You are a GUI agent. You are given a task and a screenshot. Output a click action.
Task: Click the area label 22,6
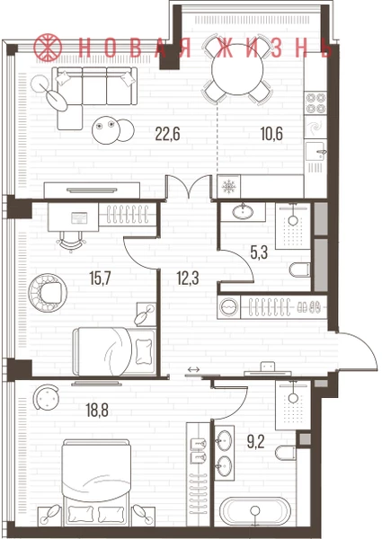coord(167,134)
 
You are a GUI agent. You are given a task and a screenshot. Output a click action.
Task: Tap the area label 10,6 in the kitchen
coord(271,134)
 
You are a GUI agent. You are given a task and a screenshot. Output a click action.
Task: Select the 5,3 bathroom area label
coord(259,253)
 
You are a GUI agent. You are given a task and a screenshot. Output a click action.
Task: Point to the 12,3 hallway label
coord(188,278)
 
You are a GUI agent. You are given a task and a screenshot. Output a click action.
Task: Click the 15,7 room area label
coord(100,278)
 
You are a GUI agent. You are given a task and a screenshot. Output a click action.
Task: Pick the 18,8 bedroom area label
coord(97,410)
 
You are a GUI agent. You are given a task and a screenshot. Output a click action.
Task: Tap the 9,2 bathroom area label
coord(256,442)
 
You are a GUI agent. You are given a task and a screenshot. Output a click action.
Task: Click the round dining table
coord(237,70)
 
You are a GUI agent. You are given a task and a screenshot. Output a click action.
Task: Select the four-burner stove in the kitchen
coord(316,103)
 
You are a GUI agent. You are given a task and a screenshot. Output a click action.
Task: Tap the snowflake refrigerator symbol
coord(228,187)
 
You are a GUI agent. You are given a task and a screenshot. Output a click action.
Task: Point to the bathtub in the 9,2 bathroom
coord(255,511)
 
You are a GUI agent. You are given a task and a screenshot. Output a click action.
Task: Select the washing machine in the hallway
coord(229,306)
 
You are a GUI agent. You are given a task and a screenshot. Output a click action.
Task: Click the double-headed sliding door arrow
coord(193,369)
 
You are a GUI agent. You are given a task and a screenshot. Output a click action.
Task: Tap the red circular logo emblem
coord(48,48)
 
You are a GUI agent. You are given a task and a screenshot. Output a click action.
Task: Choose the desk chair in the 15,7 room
coord(71,242)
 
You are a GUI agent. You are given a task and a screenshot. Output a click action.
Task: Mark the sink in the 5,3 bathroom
coord(243,212)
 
